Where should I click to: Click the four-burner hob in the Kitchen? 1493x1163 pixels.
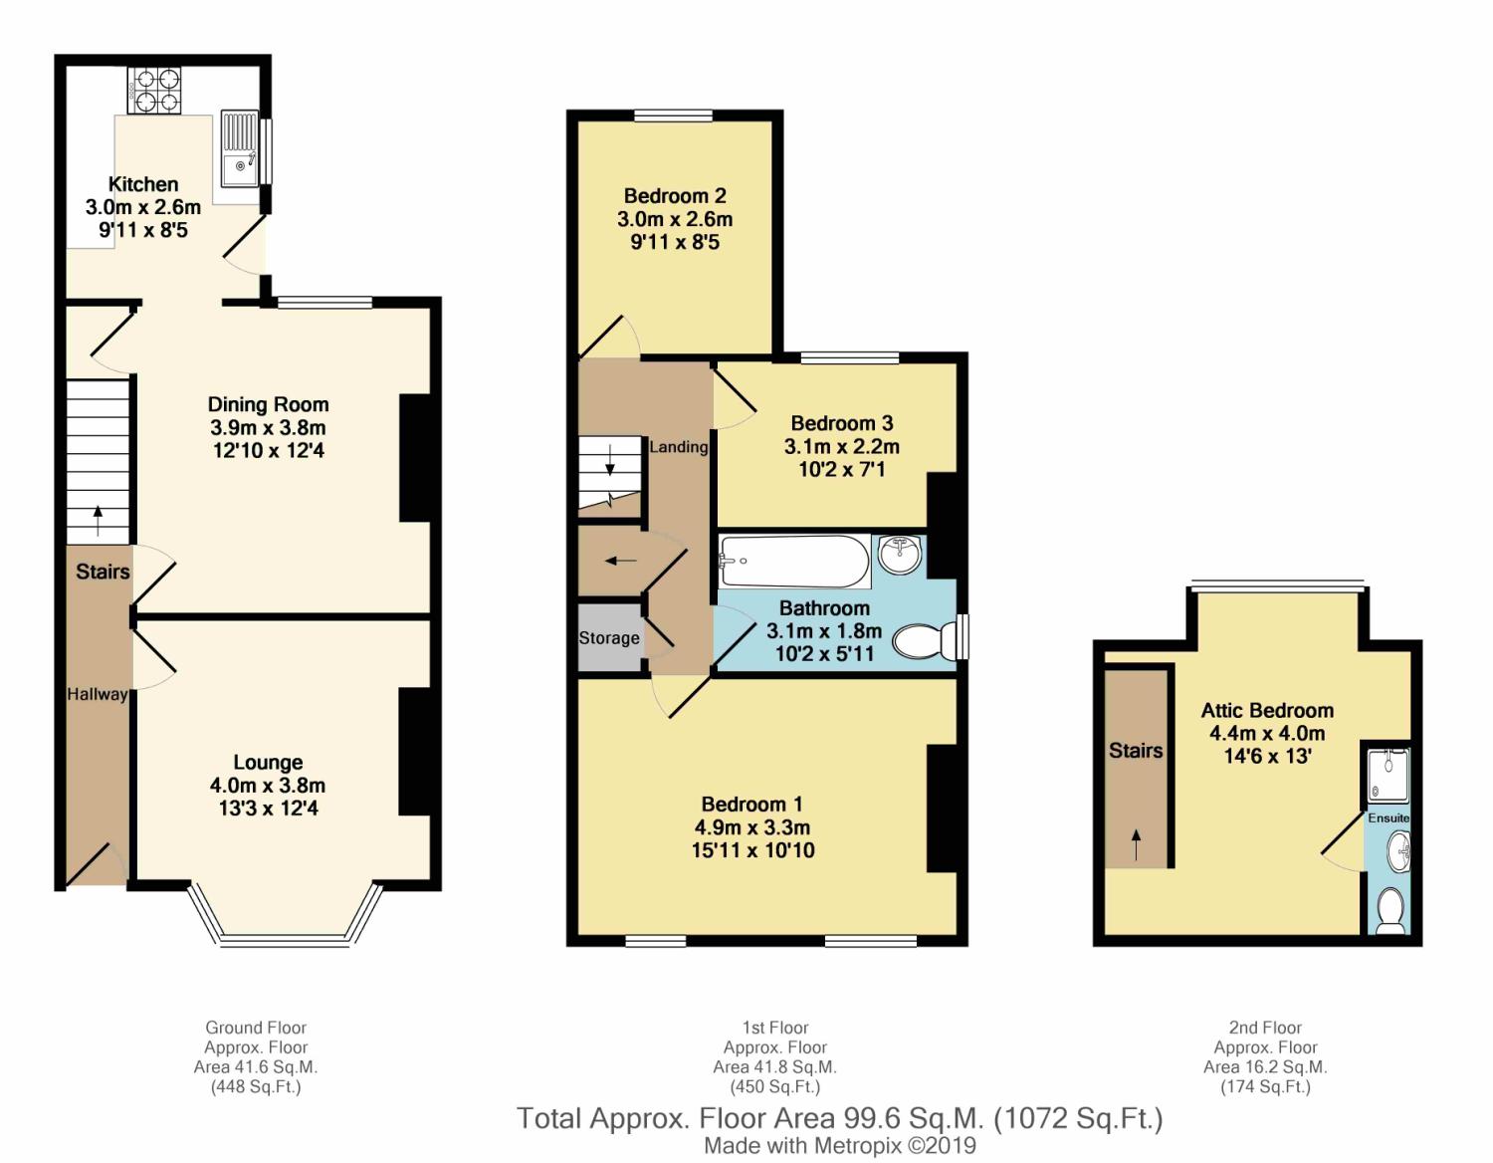154,90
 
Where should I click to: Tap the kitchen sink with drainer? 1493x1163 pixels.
240,148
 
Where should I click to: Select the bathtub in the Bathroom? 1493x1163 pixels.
794,562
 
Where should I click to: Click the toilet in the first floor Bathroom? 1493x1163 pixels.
927,640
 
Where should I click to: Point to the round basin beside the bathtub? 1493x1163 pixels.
900,554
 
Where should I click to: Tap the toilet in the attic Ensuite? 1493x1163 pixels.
1390,910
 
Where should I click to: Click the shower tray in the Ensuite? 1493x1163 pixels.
1388,776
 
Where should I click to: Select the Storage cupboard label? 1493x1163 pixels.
609,638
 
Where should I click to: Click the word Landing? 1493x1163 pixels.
678,447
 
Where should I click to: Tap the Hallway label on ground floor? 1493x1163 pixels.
97,694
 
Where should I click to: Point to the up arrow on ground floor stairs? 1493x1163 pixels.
98,521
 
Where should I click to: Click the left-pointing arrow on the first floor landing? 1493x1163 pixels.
620,561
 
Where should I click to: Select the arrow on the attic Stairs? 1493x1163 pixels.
1136,844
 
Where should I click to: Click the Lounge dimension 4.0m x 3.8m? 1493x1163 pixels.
268,785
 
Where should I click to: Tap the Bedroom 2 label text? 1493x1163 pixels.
675,196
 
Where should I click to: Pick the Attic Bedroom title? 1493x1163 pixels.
1267,710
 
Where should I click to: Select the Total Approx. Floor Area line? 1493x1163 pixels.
840,1118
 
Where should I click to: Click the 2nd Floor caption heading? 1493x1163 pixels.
1266,1028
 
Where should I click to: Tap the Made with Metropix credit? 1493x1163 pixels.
840,1146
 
